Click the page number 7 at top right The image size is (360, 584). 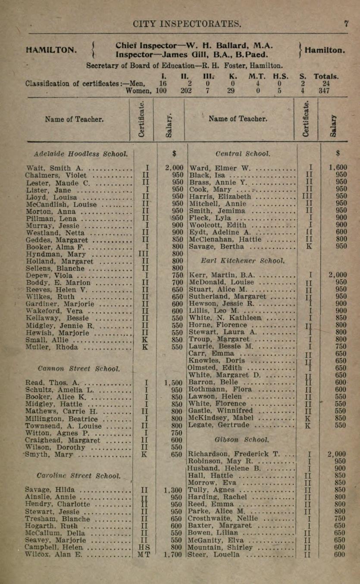click(346, 24)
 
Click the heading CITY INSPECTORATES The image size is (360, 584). click(187, 24)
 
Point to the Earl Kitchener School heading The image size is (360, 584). click(242, 261)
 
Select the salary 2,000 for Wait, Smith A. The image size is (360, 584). click(174, 168)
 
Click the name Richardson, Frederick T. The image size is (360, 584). click(233, 454)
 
